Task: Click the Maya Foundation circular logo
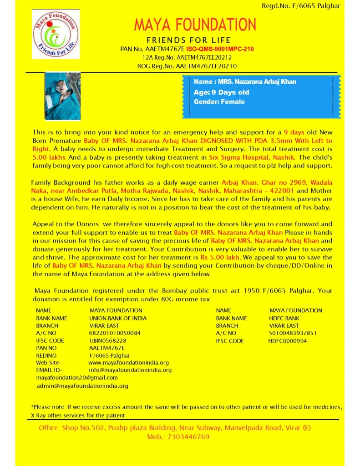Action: (56, 34)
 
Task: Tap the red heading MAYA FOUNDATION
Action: (195, 25)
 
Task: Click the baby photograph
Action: (62, 96)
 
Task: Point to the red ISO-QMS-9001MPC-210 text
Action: (220, 49)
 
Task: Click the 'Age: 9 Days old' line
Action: (221, 92)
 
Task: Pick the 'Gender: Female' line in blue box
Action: (219, 101)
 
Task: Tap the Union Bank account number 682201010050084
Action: (115, 333)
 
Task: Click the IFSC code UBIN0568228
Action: (108, 340)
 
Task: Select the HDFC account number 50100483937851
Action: (293, 333)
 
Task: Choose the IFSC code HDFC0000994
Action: (287, 340)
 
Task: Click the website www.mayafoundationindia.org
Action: (128, 363)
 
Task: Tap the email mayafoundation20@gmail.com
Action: (77, 377)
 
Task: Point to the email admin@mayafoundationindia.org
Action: (82, 385)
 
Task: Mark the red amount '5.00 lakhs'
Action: (49, 157)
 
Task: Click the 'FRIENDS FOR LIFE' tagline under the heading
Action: (188, 40)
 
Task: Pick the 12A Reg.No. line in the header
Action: (187, 57)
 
